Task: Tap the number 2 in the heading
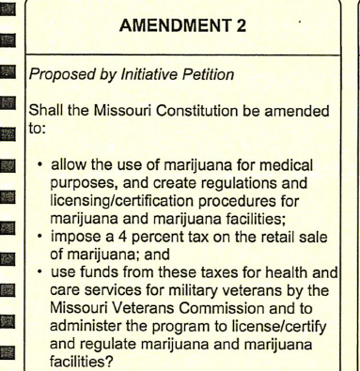pos(240,30)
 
